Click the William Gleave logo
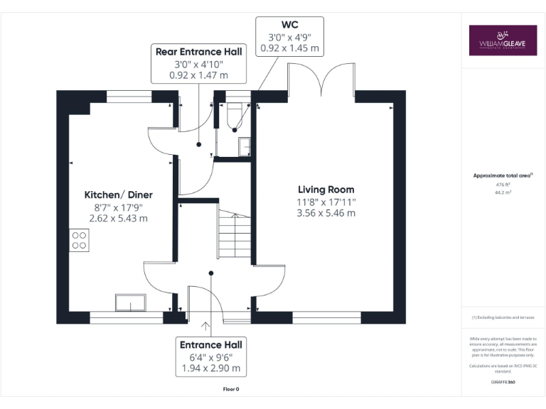(x=503, y=40)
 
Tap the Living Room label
(x=326, y=190)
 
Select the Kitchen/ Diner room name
(x=119, y=195)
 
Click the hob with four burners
(x=79, y=240)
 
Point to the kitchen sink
(x=131, y=302)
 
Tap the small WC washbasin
(x=245, y=145)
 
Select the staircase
(x=234, y=235)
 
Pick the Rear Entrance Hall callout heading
(x=198, y=51)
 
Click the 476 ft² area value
(x=503, y=184)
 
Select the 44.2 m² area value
(x=503, y=192)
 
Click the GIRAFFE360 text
(x=503, y=383)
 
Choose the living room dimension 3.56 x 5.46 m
(x=326, y=213)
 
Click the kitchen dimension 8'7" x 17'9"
(x=119, y=207)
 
